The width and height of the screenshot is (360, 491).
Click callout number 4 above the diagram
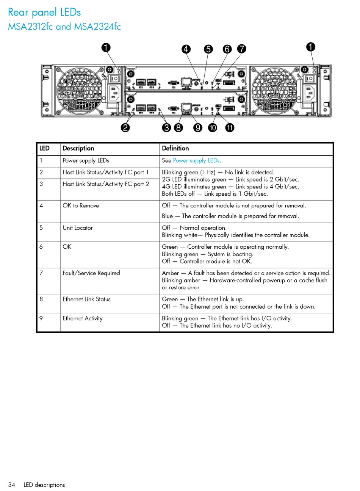pos(186,49)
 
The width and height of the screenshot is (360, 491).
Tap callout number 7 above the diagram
pos(241,49)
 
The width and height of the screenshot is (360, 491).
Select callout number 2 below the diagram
pos(125,127)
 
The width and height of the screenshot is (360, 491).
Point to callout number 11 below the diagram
pos(230,127)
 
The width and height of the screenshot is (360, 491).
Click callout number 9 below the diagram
pos(197,127)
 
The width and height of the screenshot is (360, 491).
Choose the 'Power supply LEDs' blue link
pos(196,160)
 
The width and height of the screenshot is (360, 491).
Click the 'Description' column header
pos(78,148)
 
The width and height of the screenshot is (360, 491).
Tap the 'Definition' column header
pos(175,148)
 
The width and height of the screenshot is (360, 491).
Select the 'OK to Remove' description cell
pos(81,205)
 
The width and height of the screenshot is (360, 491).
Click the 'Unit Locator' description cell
pos(78,228)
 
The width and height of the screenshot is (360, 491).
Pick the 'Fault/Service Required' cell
pos(91,273)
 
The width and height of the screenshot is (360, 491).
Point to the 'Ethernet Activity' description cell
pos(83,318)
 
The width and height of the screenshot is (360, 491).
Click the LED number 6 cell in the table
pos(41,247)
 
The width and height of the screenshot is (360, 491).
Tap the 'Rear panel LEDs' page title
pos(44,13)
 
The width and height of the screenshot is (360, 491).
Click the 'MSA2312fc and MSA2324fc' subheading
pos(64,27)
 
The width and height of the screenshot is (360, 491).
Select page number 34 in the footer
pos(12,485)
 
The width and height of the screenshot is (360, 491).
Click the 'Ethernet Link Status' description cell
pos(86,299)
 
